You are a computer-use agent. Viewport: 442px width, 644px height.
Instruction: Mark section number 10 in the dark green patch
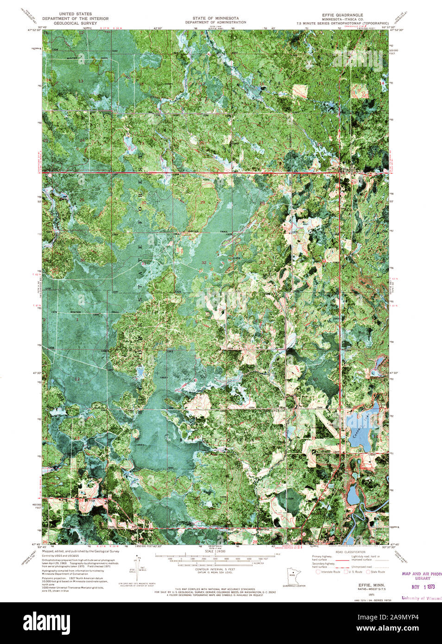(315, 379)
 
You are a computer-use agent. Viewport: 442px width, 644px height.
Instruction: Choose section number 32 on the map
(204, 263)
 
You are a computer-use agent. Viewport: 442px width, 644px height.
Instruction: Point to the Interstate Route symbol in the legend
(318, 572)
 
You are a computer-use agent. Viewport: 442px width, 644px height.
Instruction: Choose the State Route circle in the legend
(369, 572)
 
